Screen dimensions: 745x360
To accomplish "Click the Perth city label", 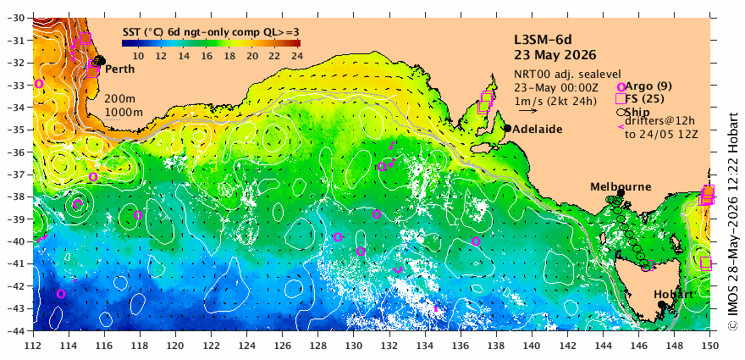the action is [x=119, y=69].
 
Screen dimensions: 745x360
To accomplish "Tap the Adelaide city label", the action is [x=538, y=129].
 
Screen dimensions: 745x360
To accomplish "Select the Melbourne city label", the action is [x=621, y=187].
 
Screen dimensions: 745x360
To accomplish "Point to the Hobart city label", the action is [x=673, y=295].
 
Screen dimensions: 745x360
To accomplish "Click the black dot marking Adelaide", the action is [x=507, y=129].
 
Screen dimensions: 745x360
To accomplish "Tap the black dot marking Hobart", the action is [x=661, y=304].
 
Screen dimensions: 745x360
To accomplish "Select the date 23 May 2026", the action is [x=555, y=55].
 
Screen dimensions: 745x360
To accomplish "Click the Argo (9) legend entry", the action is [x=639, y=86].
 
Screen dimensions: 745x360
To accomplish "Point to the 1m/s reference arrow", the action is [x=528, y=111].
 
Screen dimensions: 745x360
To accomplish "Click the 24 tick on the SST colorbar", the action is [x=296, y=56].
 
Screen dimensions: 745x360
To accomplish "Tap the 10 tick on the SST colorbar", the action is [x=138, y=56].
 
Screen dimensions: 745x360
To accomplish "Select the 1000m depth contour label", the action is [x=124, y=113].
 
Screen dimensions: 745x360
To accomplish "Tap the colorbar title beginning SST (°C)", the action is [x=211, y=32].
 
